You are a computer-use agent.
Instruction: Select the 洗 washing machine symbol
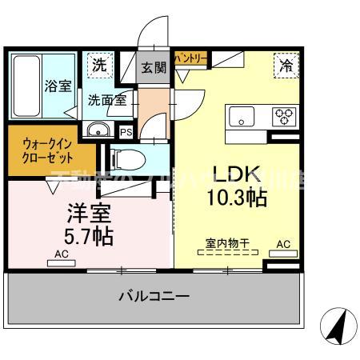pyautogui.click(x=98, y=65)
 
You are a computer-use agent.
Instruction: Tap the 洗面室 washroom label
pyautogui.click(x=106, y=101)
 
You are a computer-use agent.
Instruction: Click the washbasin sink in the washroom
pyautogui.click(x=98, y=131)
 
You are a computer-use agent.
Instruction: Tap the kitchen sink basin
pyautogui.click(x=241, y=117)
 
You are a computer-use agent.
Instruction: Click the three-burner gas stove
pyautogui.click(x=284, y=116)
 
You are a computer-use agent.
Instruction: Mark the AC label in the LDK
pyautogui.click(x=283, y=243)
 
